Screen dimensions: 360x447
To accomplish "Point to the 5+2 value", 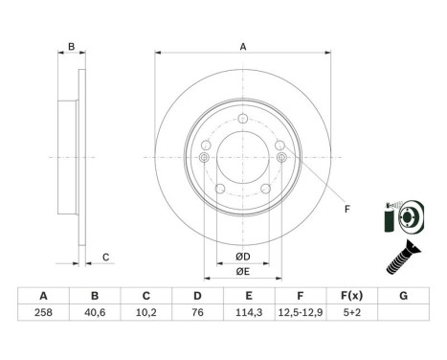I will pos(352,311).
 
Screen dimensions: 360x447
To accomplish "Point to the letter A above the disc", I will pos(242,46).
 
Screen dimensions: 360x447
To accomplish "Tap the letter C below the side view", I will pos(105,256).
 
